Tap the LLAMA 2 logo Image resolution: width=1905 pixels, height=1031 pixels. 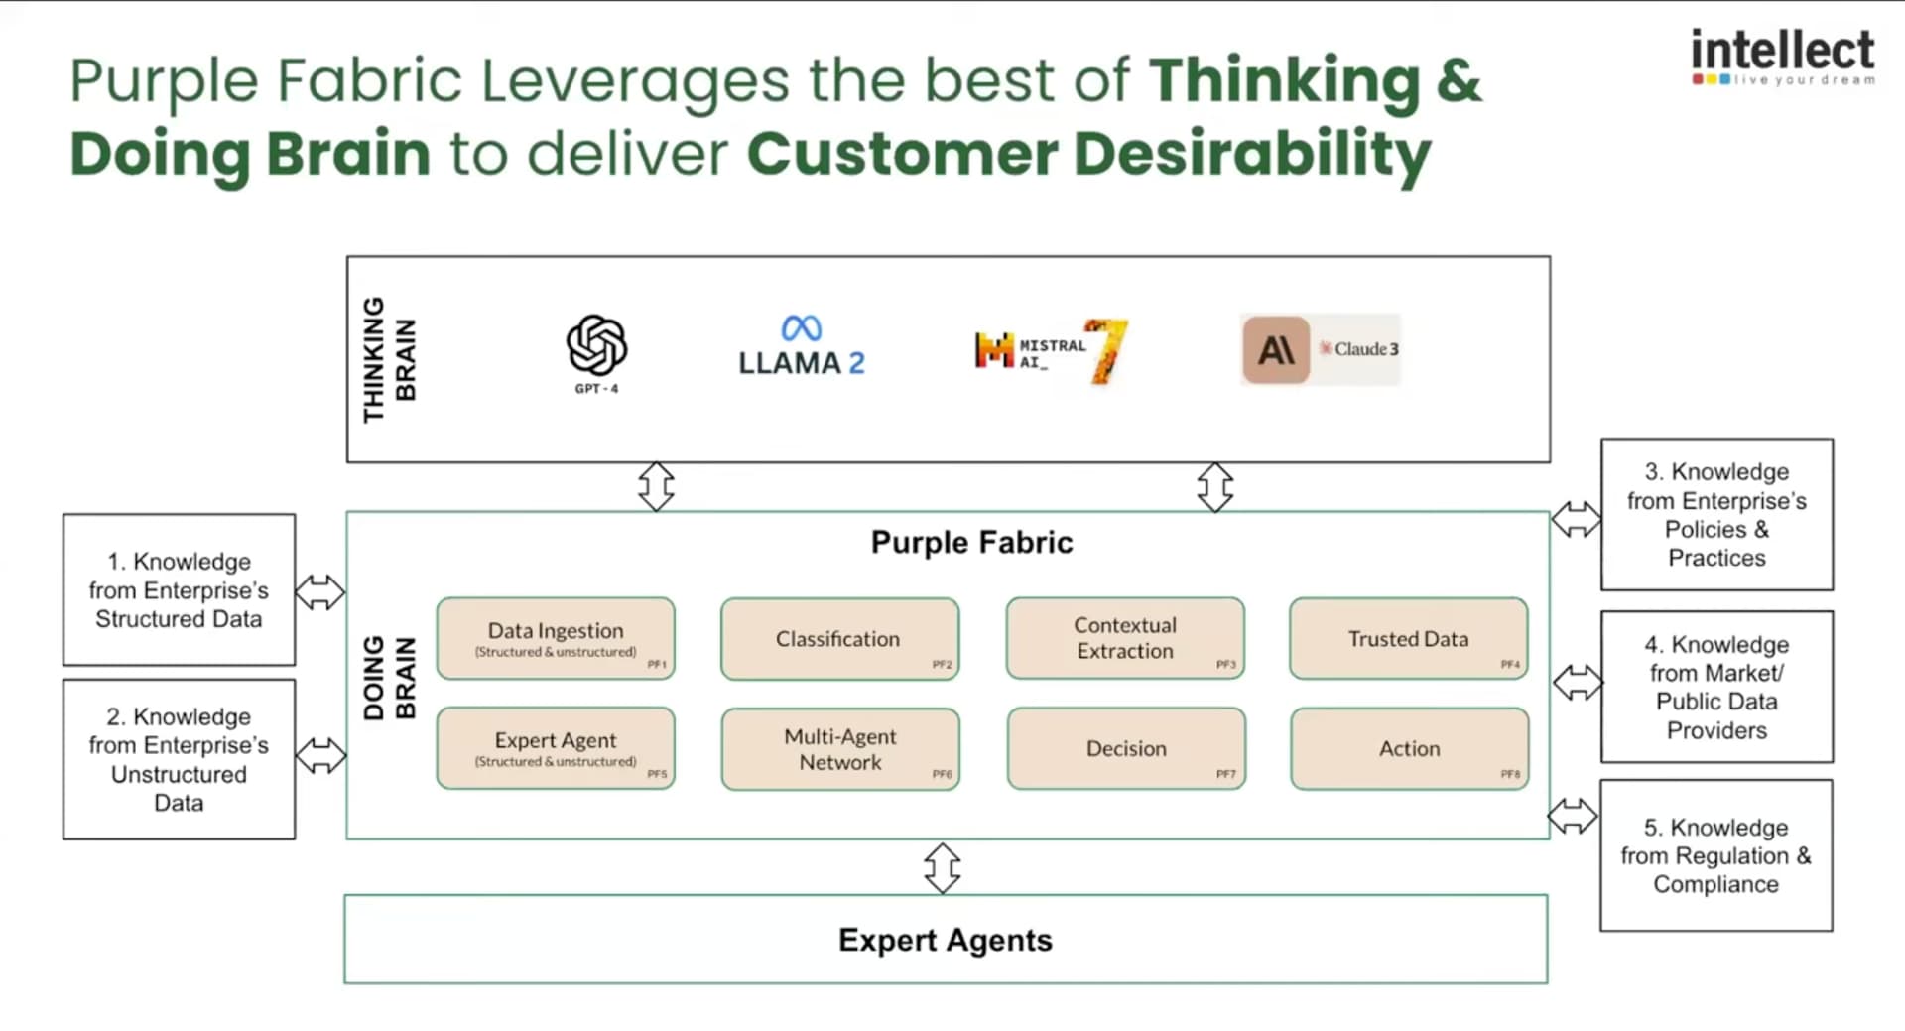(x=801, y=346)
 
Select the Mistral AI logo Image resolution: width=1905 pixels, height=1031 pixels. (x=1050, y=350)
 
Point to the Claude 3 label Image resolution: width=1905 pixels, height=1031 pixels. (x=1358, y=349)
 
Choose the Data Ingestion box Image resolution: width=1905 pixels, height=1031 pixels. (x=556, y=639)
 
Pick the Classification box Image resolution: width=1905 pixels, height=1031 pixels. (x=839, y=639)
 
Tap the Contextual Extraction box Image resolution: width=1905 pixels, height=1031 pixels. (x=1125, y=639)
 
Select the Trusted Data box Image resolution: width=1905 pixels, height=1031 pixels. (x=1408, y=639)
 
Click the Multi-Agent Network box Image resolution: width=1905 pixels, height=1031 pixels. (x=840, y=749)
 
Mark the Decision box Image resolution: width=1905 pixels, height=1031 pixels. (x=1126, y=749)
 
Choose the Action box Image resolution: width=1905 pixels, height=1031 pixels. (x=1409, y=749)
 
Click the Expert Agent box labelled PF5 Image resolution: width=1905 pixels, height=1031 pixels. (x=556, y=749)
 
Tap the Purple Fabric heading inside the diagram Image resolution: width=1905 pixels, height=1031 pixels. (x=971, y=542)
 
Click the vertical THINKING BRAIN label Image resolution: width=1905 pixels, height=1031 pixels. (x=389, y=359)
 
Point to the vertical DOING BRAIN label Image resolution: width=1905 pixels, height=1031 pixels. (x=389, y=678)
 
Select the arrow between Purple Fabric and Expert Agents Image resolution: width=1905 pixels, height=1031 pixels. (x=942, y=868)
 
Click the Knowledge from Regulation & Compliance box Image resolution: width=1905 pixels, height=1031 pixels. (x=1715, y=855)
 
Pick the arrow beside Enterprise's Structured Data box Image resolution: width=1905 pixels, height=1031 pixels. (x=319, y=592)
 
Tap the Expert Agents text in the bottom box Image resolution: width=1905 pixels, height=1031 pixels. (x=945, y=940)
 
